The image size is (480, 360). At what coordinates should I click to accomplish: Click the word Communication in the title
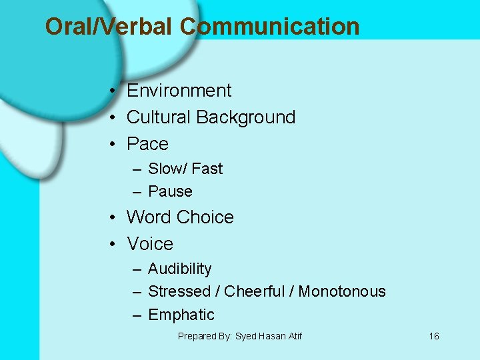269,27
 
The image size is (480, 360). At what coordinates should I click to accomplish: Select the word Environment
179,91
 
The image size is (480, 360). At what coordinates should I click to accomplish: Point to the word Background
245,117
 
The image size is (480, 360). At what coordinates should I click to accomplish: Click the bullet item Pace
147,144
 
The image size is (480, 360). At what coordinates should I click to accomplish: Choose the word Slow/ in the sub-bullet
167,169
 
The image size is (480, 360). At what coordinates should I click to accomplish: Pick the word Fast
207,169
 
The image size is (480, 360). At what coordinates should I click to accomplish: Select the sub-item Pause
170,191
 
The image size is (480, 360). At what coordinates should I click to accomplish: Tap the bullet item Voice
149,244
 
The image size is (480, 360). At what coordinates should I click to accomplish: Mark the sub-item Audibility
179,269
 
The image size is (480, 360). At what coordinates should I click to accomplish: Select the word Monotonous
342,291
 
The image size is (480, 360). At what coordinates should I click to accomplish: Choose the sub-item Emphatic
181,315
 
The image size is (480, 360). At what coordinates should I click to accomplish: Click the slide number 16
434,336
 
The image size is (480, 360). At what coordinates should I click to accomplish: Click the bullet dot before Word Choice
115,218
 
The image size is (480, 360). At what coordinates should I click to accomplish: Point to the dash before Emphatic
136,315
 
